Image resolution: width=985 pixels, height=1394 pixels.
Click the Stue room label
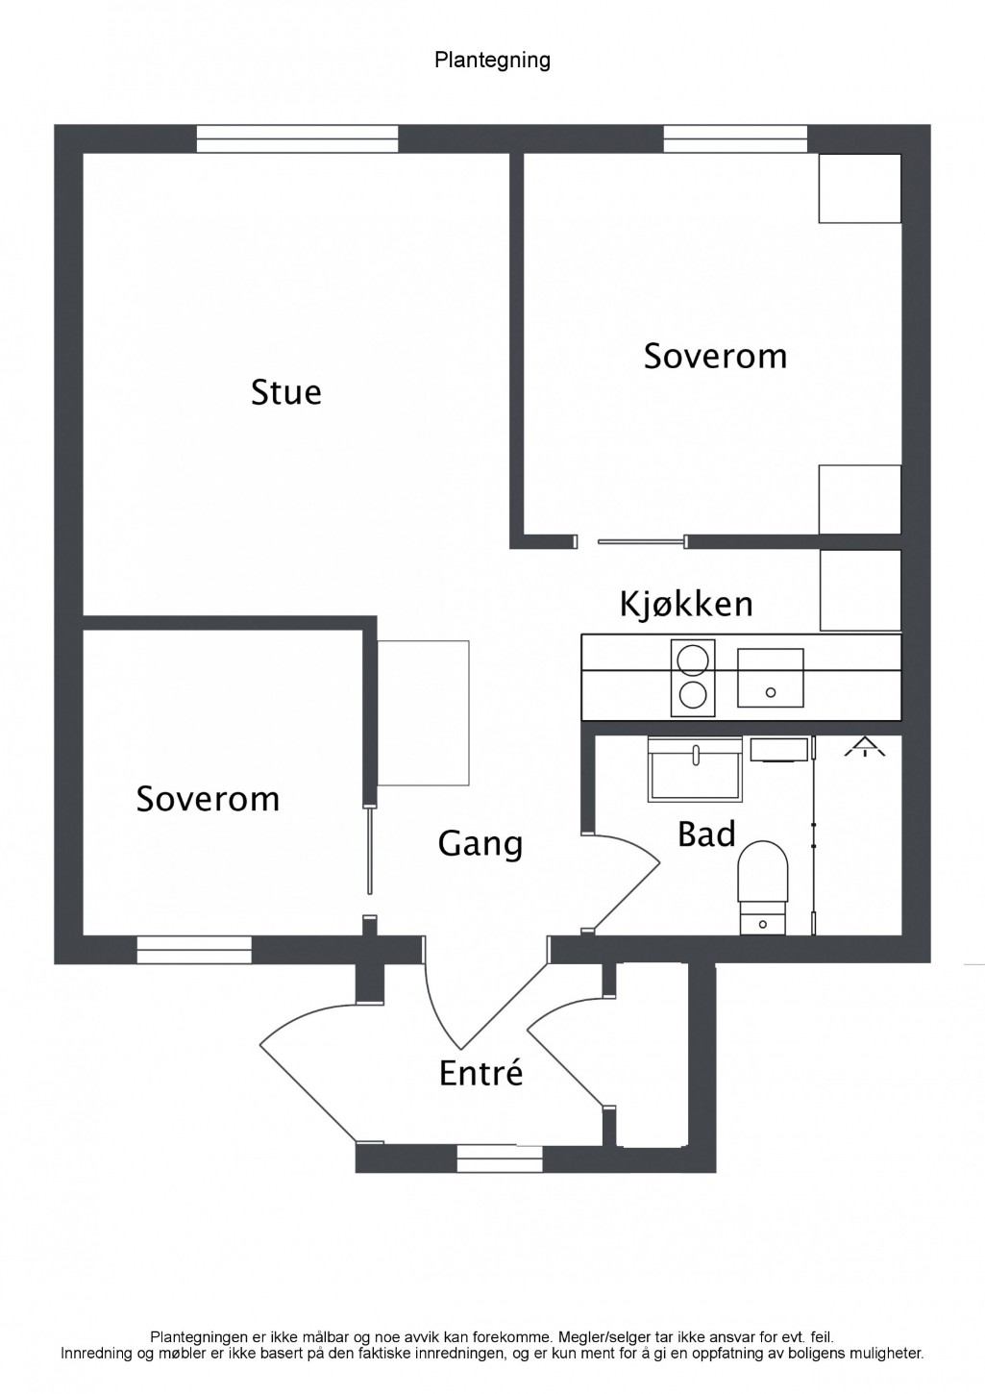click(x=286, y=392)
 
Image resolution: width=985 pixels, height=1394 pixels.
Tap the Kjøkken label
click(x=686, y=605)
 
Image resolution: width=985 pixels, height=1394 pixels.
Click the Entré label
click(x=481, y=1072)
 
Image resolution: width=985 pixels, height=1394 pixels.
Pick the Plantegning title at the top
click(x=492, y=61)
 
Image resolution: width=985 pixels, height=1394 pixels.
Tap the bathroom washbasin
click(x=695, y=769)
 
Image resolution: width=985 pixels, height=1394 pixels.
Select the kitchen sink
click(x=771, y=678)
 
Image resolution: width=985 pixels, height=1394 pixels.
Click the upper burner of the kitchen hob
click(x=693, y=660)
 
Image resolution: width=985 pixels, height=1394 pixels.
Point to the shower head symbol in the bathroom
click(x=864, y=747)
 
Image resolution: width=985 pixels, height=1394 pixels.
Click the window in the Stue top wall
click(x=298, y=138)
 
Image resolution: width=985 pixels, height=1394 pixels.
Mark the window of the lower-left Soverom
click(x=194, y=950)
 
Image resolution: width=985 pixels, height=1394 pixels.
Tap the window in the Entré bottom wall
click(x=500, y=1159)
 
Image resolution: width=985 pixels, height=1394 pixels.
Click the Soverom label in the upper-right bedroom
click(x=715, y=357)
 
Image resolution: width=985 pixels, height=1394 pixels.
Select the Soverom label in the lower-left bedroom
click(x=208, y=799)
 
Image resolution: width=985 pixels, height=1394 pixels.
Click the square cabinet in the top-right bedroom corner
click(x=860, y=187)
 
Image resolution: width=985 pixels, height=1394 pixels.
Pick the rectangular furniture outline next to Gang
click(x=423, y=713)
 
